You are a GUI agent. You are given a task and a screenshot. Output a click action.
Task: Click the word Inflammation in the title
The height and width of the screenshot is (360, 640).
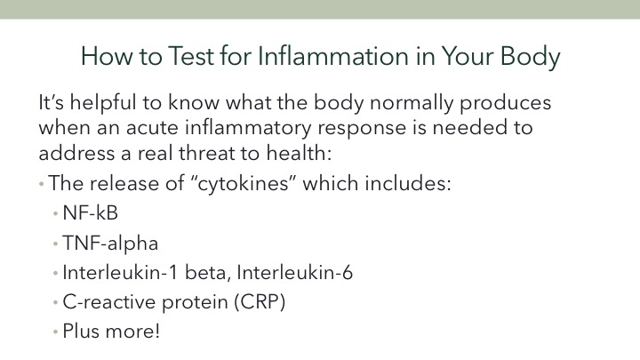333,56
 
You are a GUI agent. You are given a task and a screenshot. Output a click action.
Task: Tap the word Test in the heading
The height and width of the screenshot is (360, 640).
191,56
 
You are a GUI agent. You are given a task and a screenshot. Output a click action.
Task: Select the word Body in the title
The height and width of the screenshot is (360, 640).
530,57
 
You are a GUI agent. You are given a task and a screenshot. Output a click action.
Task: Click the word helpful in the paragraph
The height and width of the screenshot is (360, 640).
103,102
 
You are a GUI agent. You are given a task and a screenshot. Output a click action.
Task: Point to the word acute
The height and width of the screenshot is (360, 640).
152,128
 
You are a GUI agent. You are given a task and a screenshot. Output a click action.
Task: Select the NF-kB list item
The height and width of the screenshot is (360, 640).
90,213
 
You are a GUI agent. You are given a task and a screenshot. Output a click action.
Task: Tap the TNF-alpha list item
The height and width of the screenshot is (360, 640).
110,244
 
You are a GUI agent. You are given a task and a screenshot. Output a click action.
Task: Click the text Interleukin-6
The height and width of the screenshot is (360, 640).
295,273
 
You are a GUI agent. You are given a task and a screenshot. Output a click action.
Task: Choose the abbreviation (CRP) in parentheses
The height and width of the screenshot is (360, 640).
260,302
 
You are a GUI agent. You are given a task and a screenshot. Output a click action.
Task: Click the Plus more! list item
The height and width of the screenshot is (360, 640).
111,331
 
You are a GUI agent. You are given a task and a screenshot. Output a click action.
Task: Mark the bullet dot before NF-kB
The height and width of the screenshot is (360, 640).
55,213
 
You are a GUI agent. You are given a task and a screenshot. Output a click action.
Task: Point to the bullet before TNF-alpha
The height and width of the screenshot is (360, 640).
55,244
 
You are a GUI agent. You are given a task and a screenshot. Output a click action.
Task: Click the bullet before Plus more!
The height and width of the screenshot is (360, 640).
55,332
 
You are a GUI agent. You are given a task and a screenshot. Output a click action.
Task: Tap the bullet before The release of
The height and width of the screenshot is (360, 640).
41,184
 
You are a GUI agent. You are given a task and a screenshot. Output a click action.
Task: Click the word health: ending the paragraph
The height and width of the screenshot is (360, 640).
299,153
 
